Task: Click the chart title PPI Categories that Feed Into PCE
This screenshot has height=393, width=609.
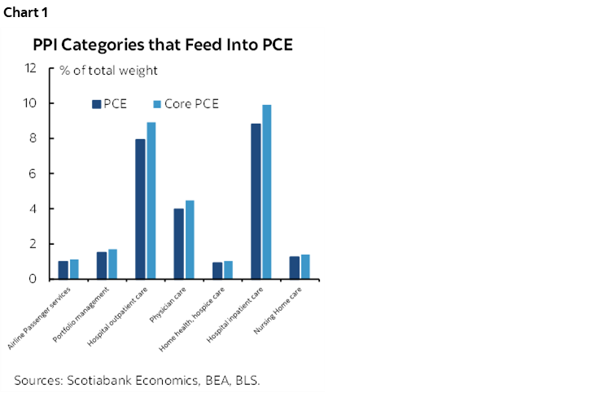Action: pos(162,46)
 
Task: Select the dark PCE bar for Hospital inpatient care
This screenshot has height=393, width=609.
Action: pos(256,201)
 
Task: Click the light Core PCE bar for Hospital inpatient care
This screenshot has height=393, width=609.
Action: pos(267,192)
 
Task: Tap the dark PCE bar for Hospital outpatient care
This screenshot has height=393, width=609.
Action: pos(140,209)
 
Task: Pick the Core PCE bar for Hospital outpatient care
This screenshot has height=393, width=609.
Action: pos(151,201)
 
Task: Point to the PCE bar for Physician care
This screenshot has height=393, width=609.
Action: pos(178,244)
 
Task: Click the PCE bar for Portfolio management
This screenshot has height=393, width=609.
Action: pos(102,265)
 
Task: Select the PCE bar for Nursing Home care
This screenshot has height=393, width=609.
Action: pos(294,268)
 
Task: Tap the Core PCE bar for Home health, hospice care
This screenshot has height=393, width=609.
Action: pos(229,270)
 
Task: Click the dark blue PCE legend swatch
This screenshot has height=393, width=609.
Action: pos(96,104)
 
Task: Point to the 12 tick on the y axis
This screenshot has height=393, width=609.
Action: pos(31,68)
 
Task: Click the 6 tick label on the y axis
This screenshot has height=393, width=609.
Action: pos(33,174)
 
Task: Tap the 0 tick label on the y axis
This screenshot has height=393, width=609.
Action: pos(33,279)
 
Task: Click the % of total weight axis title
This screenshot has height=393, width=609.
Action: pos(107,71)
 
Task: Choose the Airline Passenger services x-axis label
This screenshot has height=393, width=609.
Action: pos(42,317)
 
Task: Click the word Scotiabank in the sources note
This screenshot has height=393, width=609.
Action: pos(99,380)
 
